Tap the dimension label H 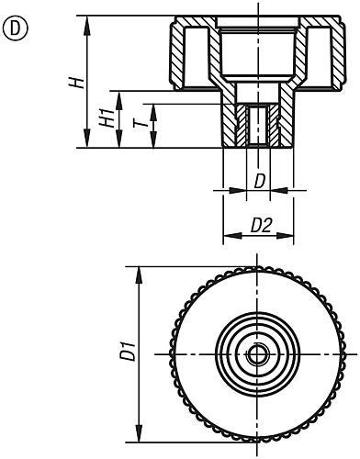point(79,81)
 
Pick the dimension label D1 point(129,352)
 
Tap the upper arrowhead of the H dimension point(90,20)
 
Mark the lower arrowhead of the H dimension point(90,143)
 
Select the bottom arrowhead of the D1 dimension point(139,434)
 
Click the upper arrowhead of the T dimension point(152,108)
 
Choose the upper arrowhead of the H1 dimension point(119,94)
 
